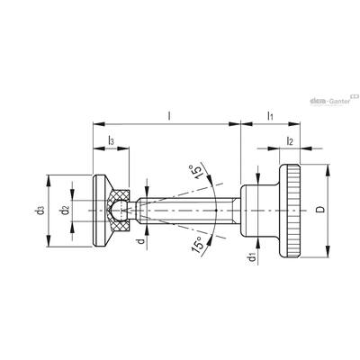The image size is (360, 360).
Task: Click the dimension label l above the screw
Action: (x=169, y=116)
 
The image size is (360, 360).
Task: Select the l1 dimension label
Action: (x=270, y=116)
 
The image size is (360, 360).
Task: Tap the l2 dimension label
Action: (x=290, y=140)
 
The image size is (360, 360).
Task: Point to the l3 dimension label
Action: (x=111, y=140)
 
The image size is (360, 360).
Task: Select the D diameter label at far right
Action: (x=320, y=210)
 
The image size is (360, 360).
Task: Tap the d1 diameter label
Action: (x=251, y=257)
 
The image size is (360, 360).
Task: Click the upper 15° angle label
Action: (x=196, y=172)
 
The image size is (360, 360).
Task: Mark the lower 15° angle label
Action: (x=198, y=244)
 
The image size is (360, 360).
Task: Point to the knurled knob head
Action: (x=290, y=211)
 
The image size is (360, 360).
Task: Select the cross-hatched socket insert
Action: (x=119, y=211)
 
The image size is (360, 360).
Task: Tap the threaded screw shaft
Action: (x=188, y=211)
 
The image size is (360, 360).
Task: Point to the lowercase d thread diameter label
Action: (x=142, y=240)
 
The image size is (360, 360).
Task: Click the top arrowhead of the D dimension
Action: (x=328, y=169)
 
